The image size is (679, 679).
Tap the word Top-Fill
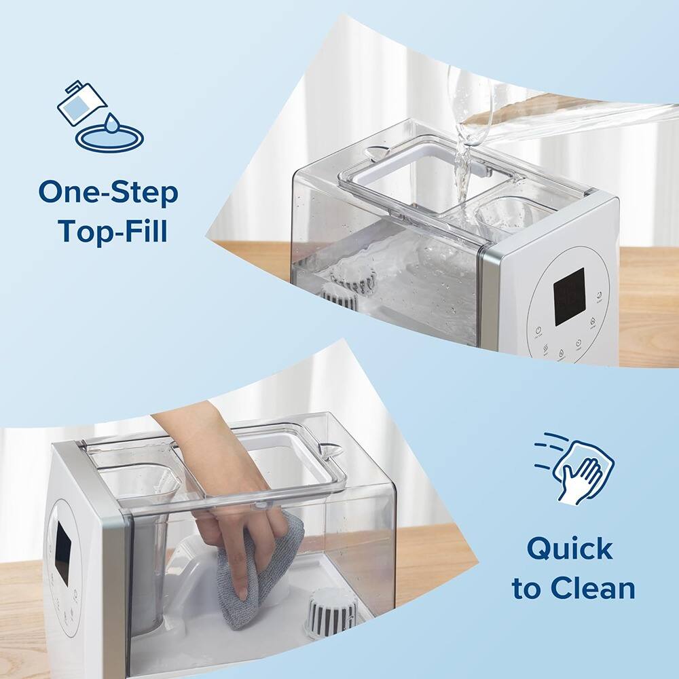(x=113, y=231)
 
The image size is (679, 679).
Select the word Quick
(x=570, y=548)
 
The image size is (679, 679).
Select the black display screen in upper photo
(x=569, y=296)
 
